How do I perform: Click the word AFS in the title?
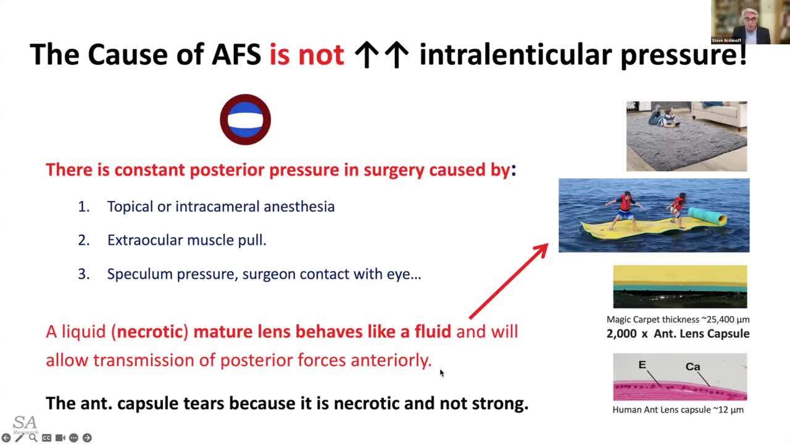point(236,54)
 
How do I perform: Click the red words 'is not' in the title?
point(307,54)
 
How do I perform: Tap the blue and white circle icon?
point(246,120)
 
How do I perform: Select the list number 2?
point(84,240)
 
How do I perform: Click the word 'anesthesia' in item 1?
point(299,207)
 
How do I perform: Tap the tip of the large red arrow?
point(548,244)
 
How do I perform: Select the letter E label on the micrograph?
point(642,364)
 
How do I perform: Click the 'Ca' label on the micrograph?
point(692,367)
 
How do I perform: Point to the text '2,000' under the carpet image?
point(622,334)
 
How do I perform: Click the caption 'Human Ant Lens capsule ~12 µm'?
point(678,410)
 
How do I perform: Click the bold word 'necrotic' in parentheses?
point(149,332)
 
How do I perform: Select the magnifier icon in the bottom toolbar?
point(33,438)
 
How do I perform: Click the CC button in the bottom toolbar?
point(46,438)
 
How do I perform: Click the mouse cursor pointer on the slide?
point(442,373)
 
